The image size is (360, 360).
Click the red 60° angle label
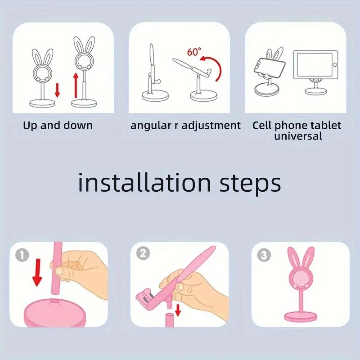coord(194,52)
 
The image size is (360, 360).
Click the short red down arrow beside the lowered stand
coord(57,90)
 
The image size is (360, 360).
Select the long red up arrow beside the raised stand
coord(75,85)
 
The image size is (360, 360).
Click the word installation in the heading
coord(144,183)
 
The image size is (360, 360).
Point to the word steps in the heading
coord(250,185)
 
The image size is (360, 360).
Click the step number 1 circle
coord(22,255)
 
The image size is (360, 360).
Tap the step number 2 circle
coord(143,253)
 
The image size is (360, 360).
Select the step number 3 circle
coord(264,255)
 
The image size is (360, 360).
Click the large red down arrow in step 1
coord(37,273)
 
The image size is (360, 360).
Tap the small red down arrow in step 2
coord(178,310)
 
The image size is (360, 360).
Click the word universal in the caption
coord(298,136)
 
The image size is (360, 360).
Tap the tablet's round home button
coord(335,65)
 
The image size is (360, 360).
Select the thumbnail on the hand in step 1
coord(59,272)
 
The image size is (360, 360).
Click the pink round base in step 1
coord(54,313)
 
